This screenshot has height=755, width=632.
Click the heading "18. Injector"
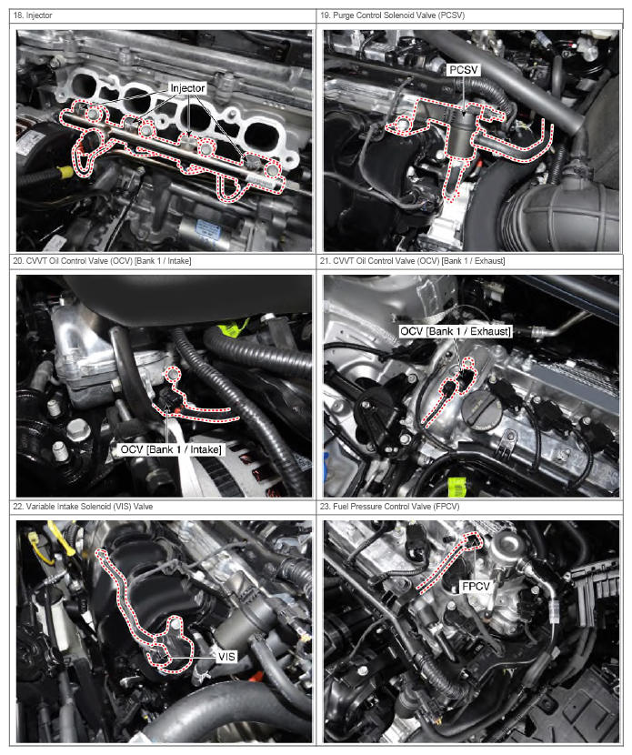33,15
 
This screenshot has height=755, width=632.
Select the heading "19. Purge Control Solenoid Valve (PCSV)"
393,15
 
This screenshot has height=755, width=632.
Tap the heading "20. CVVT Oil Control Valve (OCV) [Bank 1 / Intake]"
102,261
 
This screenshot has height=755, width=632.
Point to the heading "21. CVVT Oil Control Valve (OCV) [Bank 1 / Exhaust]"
413,261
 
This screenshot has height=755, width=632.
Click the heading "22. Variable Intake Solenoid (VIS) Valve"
83,507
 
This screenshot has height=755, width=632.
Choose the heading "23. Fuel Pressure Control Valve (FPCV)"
390,507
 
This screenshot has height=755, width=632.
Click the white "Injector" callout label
187,88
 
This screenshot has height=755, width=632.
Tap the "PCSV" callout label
464,70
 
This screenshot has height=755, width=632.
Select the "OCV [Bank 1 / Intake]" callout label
171,449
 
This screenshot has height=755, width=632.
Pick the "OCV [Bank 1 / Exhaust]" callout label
456,331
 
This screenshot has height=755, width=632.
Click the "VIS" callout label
226,657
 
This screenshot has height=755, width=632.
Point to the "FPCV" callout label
476,587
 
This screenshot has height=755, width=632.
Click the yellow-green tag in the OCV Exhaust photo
456,487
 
